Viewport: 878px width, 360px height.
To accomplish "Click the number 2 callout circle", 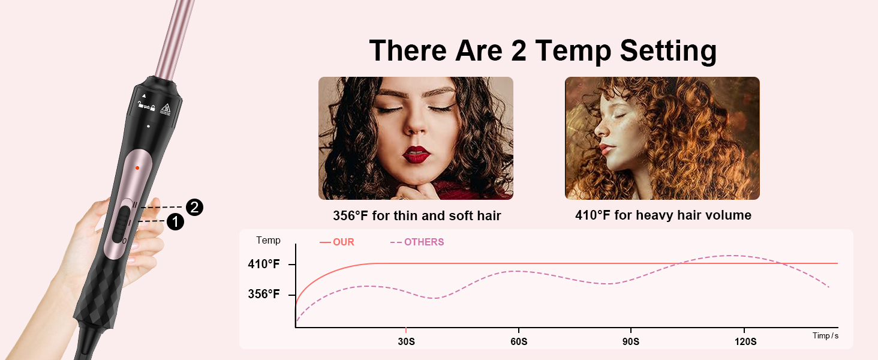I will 194,208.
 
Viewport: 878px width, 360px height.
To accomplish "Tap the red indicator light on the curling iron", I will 137,168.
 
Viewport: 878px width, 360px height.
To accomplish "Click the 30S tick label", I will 406,341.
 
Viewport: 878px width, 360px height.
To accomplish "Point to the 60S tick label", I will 519,341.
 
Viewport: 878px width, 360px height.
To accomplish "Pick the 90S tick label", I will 631,341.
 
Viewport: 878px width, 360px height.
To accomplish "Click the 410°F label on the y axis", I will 264,264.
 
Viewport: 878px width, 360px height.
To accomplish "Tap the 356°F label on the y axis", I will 264,295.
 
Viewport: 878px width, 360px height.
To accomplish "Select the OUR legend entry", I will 337,242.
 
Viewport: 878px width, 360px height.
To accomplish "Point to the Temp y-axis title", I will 268,240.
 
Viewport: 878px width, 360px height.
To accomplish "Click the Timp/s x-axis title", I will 825,335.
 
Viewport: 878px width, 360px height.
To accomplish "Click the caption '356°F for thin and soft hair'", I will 417,215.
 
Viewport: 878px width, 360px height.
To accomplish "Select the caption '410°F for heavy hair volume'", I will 663,215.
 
